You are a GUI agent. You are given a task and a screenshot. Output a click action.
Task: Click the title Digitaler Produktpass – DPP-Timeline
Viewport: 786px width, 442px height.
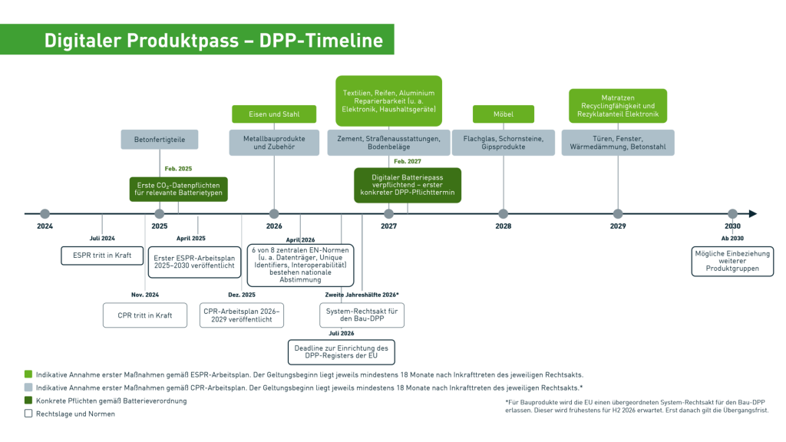pos(213,40)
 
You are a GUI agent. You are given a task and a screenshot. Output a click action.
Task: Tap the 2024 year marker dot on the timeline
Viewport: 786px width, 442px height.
pos(45,214)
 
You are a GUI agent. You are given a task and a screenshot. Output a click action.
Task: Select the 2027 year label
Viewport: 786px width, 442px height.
pos(388,226)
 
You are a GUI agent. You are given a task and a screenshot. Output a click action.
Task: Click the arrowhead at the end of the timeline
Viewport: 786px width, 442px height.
pos(752,214)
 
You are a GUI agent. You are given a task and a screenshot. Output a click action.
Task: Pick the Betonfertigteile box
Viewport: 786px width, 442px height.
pos(159,140)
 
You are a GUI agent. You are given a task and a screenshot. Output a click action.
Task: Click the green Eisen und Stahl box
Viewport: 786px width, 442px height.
pos(274,114)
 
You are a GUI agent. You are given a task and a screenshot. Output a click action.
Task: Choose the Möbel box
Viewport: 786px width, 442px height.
pos(503,114)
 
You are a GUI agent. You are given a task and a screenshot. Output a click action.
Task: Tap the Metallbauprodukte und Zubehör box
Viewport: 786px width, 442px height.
pos(274,143)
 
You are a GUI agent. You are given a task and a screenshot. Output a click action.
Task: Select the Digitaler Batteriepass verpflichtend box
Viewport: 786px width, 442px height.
pos(408,185)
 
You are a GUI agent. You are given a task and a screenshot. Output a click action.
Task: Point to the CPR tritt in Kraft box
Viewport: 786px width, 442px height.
pos(145,315)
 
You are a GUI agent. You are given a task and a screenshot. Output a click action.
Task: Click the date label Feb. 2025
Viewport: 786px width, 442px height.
pos(178,168)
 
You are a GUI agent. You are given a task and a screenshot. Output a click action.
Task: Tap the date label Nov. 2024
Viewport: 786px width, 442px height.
pos(145,295)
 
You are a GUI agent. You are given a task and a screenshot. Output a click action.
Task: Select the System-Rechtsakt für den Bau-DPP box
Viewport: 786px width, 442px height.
pos(362,315)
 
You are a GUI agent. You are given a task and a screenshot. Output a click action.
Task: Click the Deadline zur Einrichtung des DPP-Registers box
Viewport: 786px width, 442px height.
pos(341,352)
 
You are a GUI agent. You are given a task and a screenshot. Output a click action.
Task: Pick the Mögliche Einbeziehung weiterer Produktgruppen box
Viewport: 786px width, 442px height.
pos(732,261)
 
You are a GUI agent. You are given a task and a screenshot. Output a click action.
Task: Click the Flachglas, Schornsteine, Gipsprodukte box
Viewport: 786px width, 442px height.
pos(503,143)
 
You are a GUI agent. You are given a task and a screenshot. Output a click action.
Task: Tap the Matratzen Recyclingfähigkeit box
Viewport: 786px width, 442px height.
pos(617,106)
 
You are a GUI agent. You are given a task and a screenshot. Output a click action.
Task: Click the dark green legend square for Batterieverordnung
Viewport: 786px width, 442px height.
pos(28,401)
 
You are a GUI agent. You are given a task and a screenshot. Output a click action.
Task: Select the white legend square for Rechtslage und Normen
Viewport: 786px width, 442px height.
pos(28,414)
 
